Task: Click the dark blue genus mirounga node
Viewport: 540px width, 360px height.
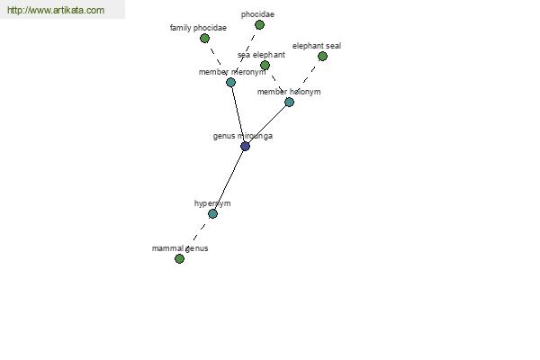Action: (x=245, y=146)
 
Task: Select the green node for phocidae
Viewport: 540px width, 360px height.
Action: (x=259, y=25)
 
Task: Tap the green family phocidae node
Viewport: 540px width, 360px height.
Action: (x=204, y=38)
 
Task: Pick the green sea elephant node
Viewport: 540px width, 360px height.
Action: (x=265, y=65)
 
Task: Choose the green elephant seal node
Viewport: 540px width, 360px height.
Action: (x=322, y=56)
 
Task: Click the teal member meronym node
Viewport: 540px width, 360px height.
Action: (x=230, y=82)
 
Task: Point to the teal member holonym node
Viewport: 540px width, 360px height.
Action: (x=289, y=102)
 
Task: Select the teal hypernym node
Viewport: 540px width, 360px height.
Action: (x=212, y=214)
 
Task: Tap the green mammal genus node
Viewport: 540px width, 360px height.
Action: (x=179, y=258)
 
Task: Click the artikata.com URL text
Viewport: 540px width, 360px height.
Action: (x=56, y=10)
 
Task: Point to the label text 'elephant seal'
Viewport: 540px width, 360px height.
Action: (x=317, y=46)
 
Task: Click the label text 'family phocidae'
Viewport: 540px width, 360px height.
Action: (x=198, y=28)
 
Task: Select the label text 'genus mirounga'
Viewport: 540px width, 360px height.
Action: (x=243, y=136)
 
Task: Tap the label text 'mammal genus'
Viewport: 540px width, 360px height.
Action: (x=180, y=248)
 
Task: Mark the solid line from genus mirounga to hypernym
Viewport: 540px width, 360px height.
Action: (x=229, y=180)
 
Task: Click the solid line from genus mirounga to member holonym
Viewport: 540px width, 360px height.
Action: (x=267, y=124)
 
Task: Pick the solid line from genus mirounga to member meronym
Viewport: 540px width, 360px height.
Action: (x=238, y=114)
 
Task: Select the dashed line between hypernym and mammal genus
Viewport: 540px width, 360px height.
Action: (x=196, y=237)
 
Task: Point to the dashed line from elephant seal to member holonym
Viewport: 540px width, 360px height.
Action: (x=306, y=79)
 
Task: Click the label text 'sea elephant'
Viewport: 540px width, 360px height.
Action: (x=261, y=55)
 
